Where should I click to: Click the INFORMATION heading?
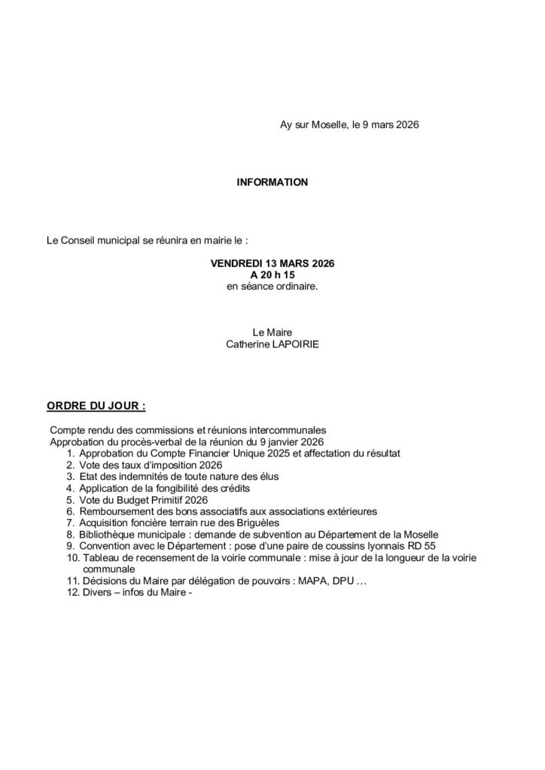[x=272, y=182]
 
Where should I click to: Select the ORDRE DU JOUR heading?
[x=96, y=406]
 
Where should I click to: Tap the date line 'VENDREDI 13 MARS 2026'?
[x=272, y=265]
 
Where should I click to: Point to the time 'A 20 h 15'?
[x=272, y=276]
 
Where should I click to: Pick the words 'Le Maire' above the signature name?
[x=272, y=332]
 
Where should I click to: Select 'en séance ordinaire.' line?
[x=272, y=287]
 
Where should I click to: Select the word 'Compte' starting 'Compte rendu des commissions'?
[x=65, y=429]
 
